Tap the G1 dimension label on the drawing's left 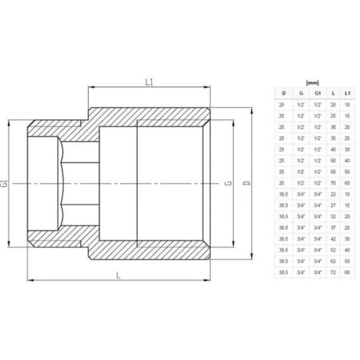pyautogui.click(x=6, y=184)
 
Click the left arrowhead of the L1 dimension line pyautogui.click(x=93, y=89)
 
